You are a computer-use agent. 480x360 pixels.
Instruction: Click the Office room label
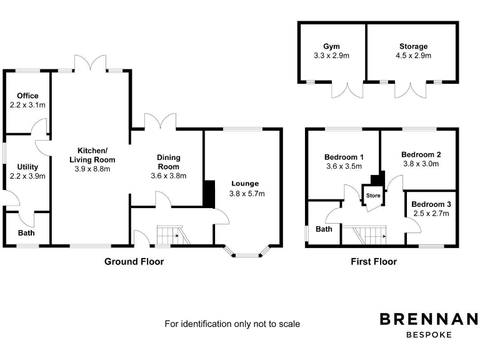coord(28,96)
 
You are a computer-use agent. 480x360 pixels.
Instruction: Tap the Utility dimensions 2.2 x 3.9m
coord(28,176)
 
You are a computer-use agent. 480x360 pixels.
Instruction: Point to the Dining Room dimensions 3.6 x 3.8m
coord(169,176)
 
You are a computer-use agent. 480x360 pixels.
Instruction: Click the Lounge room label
coord(244,183)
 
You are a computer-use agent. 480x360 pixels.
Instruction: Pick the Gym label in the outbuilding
coord(331,46)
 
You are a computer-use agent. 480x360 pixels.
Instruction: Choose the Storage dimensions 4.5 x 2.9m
coord(414,56)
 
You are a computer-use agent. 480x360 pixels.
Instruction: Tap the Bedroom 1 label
coord(344,157)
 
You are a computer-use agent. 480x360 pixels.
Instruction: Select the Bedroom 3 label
coord(431,204)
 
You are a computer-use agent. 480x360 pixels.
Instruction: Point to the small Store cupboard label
coord(373,196)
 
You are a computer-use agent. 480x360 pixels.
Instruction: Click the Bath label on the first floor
coord(324,229)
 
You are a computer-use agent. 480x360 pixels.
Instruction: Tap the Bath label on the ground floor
coord(26,233)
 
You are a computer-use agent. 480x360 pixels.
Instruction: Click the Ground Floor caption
coord(134,262)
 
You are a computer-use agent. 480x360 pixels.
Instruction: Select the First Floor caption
coord(374,262)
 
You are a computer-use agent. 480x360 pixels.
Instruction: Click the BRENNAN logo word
coord(429,319)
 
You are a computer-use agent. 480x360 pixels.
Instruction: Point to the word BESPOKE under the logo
coord(429,335)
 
